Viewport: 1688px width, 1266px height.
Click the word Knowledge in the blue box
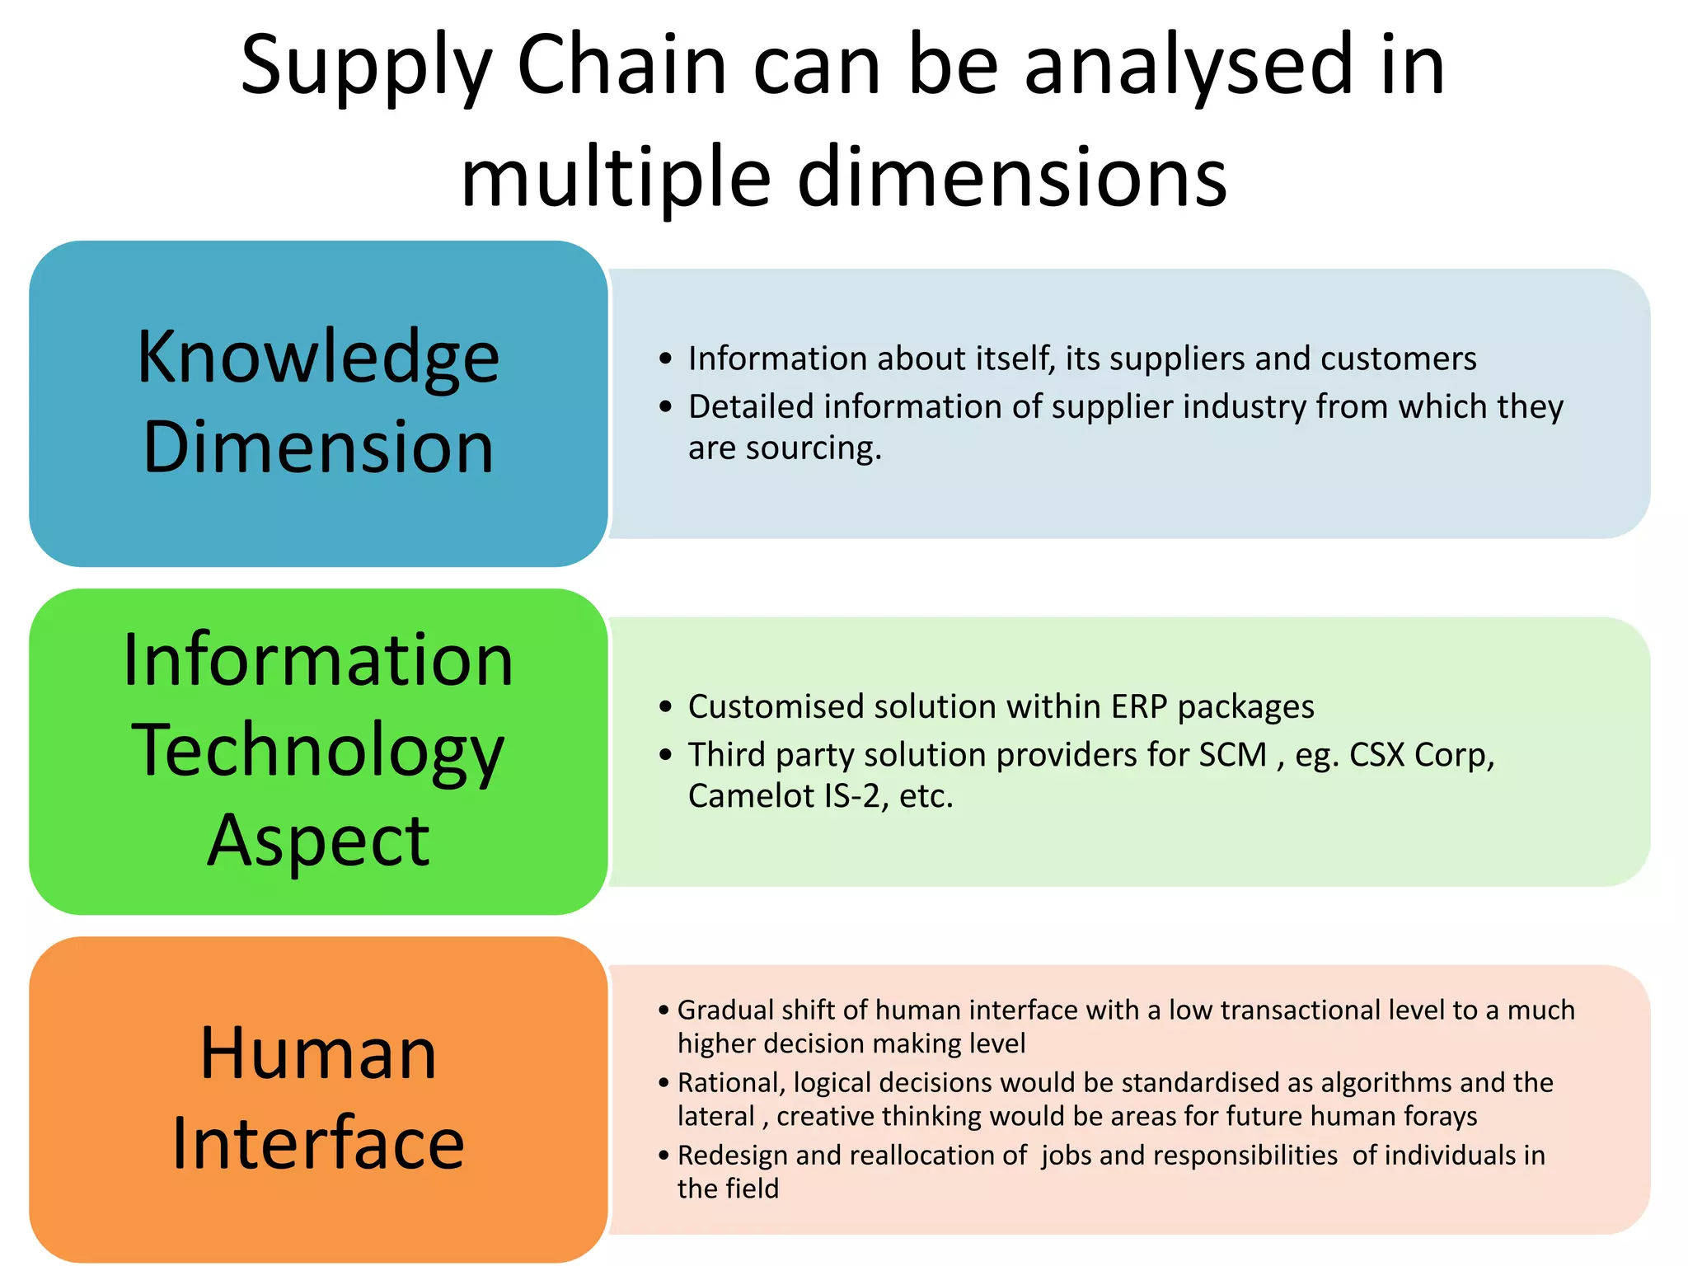318,358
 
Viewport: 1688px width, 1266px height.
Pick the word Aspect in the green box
318,841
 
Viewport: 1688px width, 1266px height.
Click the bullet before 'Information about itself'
666,359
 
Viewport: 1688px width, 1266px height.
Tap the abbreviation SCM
1232,755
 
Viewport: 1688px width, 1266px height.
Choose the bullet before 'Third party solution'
666,755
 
